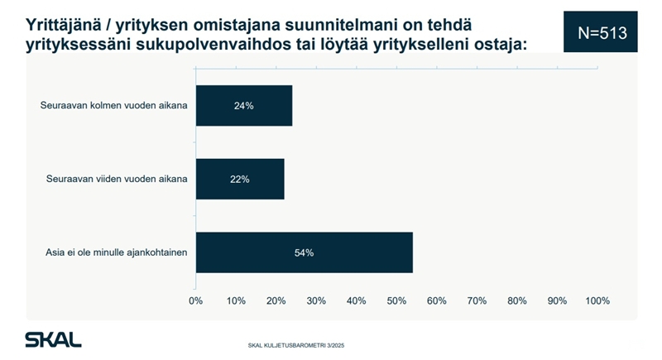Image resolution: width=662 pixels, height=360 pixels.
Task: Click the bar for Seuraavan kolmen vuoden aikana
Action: (243, 106)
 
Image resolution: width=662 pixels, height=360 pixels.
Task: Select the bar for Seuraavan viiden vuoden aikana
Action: (240, 179)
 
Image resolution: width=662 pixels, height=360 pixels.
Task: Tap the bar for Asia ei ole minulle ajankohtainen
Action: (304, 252)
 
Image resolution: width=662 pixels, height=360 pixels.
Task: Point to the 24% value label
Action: (243, 106)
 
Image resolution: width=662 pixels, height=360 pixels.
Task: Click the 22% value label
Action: (240, 179)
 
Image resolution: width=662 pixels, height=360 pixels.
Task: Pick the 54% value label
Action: (304, 252)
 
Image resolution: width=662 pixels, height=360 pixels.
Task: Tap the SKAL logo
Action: (53, 339)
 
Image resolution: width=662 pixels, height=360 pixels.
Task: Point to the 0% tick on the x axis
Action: (196, 300)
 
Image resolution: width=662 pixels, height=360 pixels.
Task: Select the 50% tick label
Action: (396, 300)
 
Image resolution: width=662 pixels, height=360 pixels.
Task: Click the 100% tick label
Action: (597, 300)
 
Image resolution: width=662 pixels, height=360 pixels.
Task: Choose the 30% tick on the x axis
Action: (316, 300)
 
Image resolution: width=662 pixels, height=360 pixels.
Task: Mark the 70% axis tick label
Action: (477, 300)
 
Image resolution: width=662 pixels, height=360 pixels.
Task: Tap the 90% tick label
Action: (557, 300)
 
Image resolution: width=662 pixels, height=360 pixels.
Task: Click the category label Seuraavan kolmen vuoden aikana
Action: (114, 106)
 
